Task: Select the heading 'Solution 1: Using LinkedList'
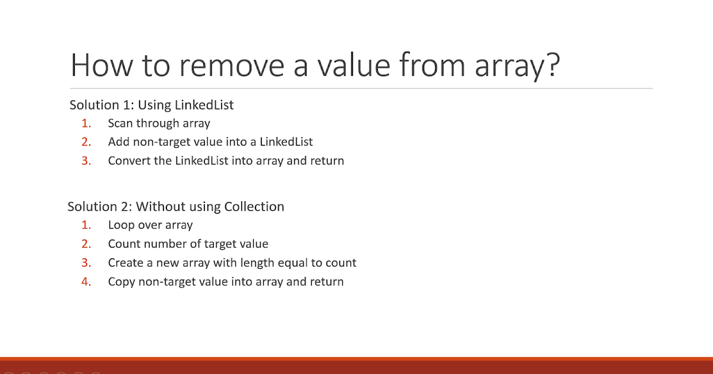[152, 105]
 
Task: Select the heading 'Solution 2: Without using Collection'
[176, 207]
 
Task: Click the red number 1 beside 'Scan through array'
[86, 123]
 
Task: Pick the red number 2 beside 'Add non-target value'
[86, 142]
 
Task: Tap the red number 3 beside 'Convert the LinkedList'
[86, 161]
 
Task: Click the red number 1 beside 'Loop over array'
[86, 225]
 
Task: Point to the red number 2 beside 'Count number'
[86, 244]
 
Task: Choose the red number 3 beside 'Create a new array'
[86, 263]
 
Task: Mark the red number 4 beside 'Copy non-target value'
[86, 282]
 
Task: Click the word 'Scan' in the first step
[120, 123]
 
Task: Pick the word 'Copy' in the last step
[121, 282]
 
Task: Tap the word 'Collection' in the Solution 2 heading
[254, 207]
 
